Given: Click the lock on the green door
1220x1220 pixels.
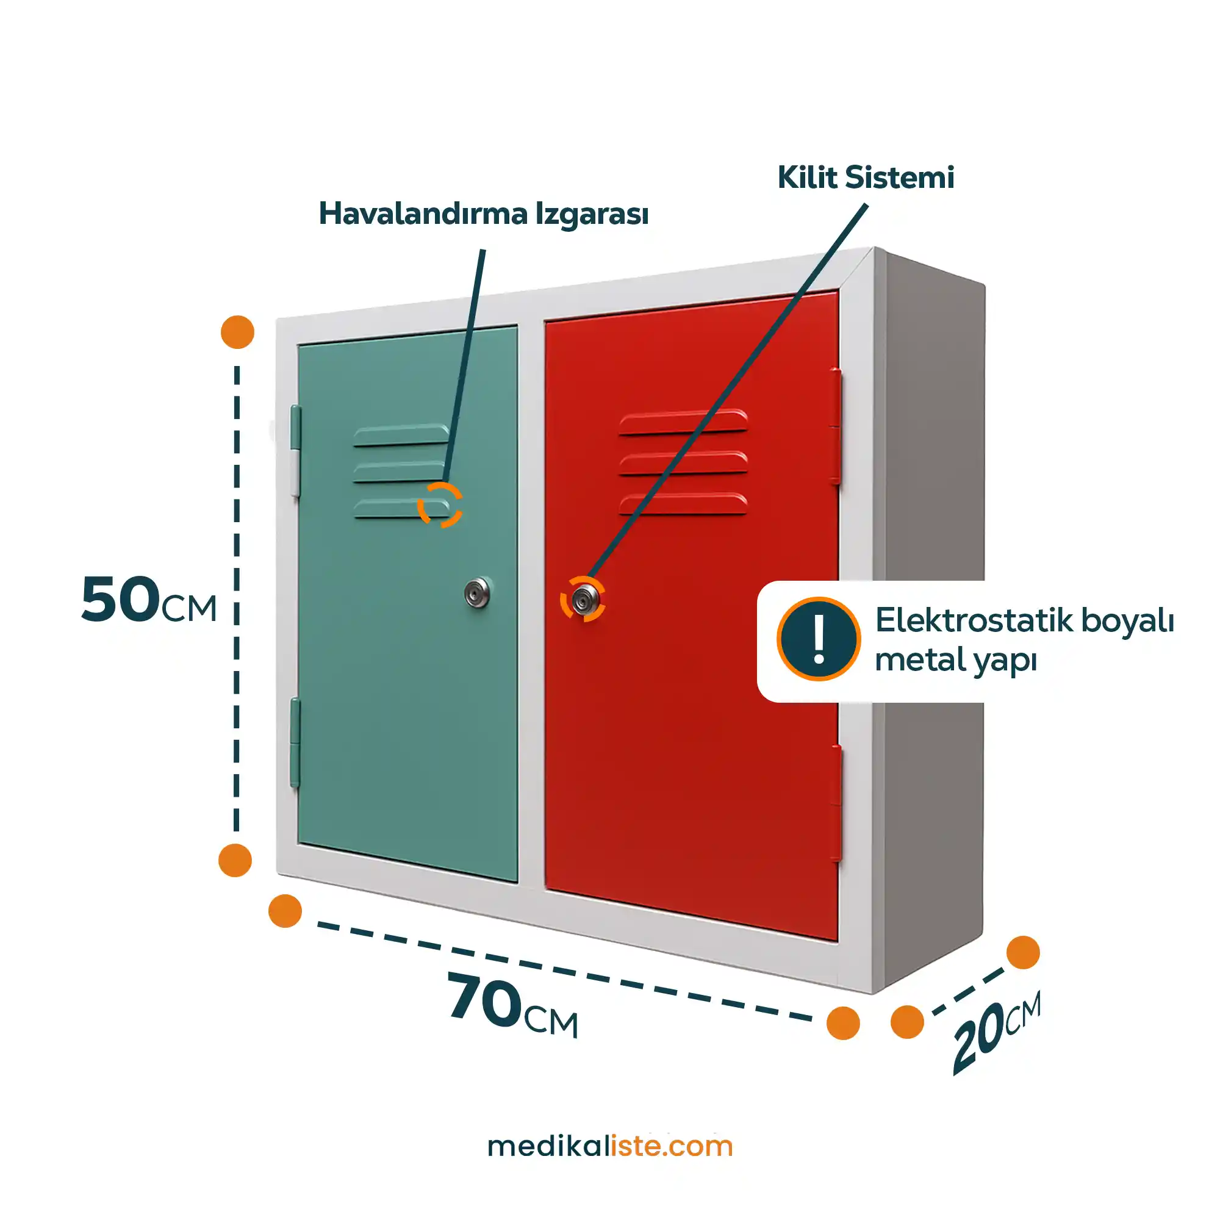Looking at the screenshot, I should tap(478, 592).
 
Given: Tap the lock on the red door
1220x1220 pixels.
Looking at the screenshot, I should tap(585, 599).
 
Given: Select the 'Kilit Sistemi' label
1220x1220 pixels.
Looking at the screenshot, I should tap(865, 178).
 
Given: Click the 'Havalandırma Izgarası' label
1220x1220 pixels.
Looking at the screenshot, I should tap(483, 213).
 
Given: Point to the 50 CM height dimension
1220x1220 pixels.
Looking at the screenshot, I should tap(148, 600).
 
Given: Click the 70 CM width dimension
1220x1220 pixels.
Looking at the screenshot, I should tap(512, 1004).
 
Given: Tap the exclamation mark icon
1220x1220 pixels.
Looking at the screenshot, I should tap(819, 639).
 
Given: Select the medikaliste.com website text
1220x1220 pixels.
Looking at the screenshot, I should tap(610, 1146).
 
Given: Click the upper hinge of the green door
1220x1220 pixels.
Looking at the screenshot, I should tap(295, 450).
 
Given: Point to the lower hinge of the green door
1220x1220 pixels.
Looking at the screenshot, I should tap(295, 742).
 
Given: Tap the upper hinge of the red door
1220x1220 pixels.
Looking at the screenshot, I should tap(836, 426).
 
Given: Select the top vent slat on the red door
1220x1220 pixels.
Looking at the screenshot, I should tap(683, 423).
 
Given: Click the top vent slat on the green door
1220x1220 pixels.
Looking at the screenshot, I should tap(400, 435).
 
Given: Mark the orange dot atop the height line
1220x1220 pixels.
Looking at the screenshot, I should tap(237, 331).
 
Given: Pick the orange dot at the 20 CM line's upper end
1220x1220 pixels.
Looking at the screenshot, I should tap(1023, 952).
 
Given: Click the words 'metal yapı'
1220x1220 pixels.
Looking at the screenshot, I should tap(955, 661).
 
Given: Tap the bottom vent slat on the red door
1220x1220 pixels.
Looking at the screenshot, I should tap(683, 504).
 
